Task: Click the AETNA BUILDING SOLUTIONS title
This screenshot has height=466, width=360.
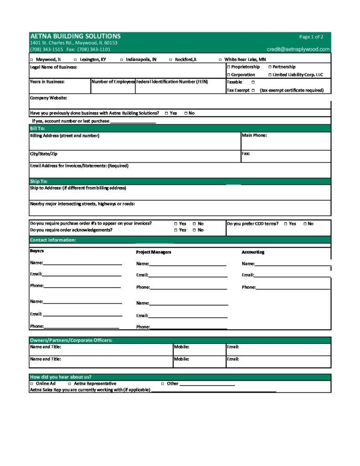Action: pos(75,36)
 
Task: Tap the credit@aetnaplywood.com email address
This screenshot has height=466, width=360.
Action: pos(298,49)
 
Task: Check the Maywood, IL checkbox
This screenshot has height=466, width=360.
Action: pos(31,60)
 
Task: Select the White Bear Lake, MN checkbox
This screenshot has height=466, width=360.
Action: pos(220,60)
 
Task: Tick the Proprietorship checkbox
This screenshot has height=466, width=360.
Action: pos(228,67)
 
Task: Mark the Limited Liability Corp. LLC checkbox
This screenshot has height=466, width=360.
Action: pos(269,75)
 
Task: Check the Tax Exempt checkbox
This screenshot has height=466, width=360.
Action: pos(253,90)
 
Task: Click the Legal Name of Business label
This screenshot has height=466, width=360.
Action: pos(53,67)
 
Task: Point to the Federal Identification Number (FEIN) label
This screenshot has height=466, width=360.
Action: pos(172,82)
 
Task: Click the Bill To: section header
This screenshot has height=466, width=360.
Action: pos(37,128)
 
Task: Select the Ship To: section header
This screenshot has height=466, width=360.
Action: pos(38,181)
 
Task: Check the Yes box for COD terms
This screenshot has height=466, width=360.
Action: pos(285,223)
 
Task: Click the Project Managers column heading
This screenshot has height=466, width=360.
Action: pos(153,252)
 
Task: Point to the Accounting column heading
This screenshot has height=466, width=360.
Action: pos(253,252)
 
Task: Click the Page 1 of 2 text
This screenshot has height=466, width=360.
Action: pos(311,37)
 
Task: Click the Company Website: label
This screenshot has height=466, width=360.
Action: pos(48,98)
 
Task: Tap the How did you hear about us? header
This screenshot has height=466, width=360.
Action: pos(61,377)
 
